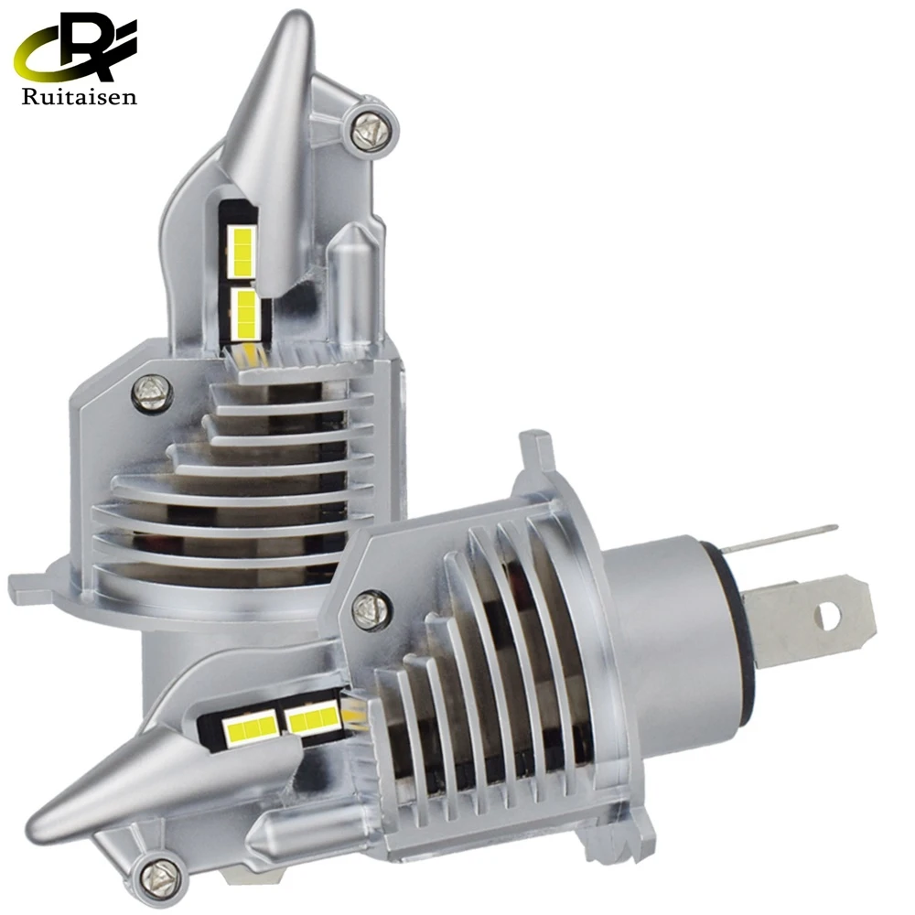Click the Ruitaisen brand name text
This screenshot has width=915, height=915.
pyautogui.click(x=80, y=96)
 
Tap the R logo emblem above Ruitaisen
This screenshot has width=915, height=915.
pyautogui.click(x=76, y=48)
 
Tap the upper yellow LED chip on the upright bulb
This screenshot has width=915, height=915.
pyautogui.click(x=242, y=251)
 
